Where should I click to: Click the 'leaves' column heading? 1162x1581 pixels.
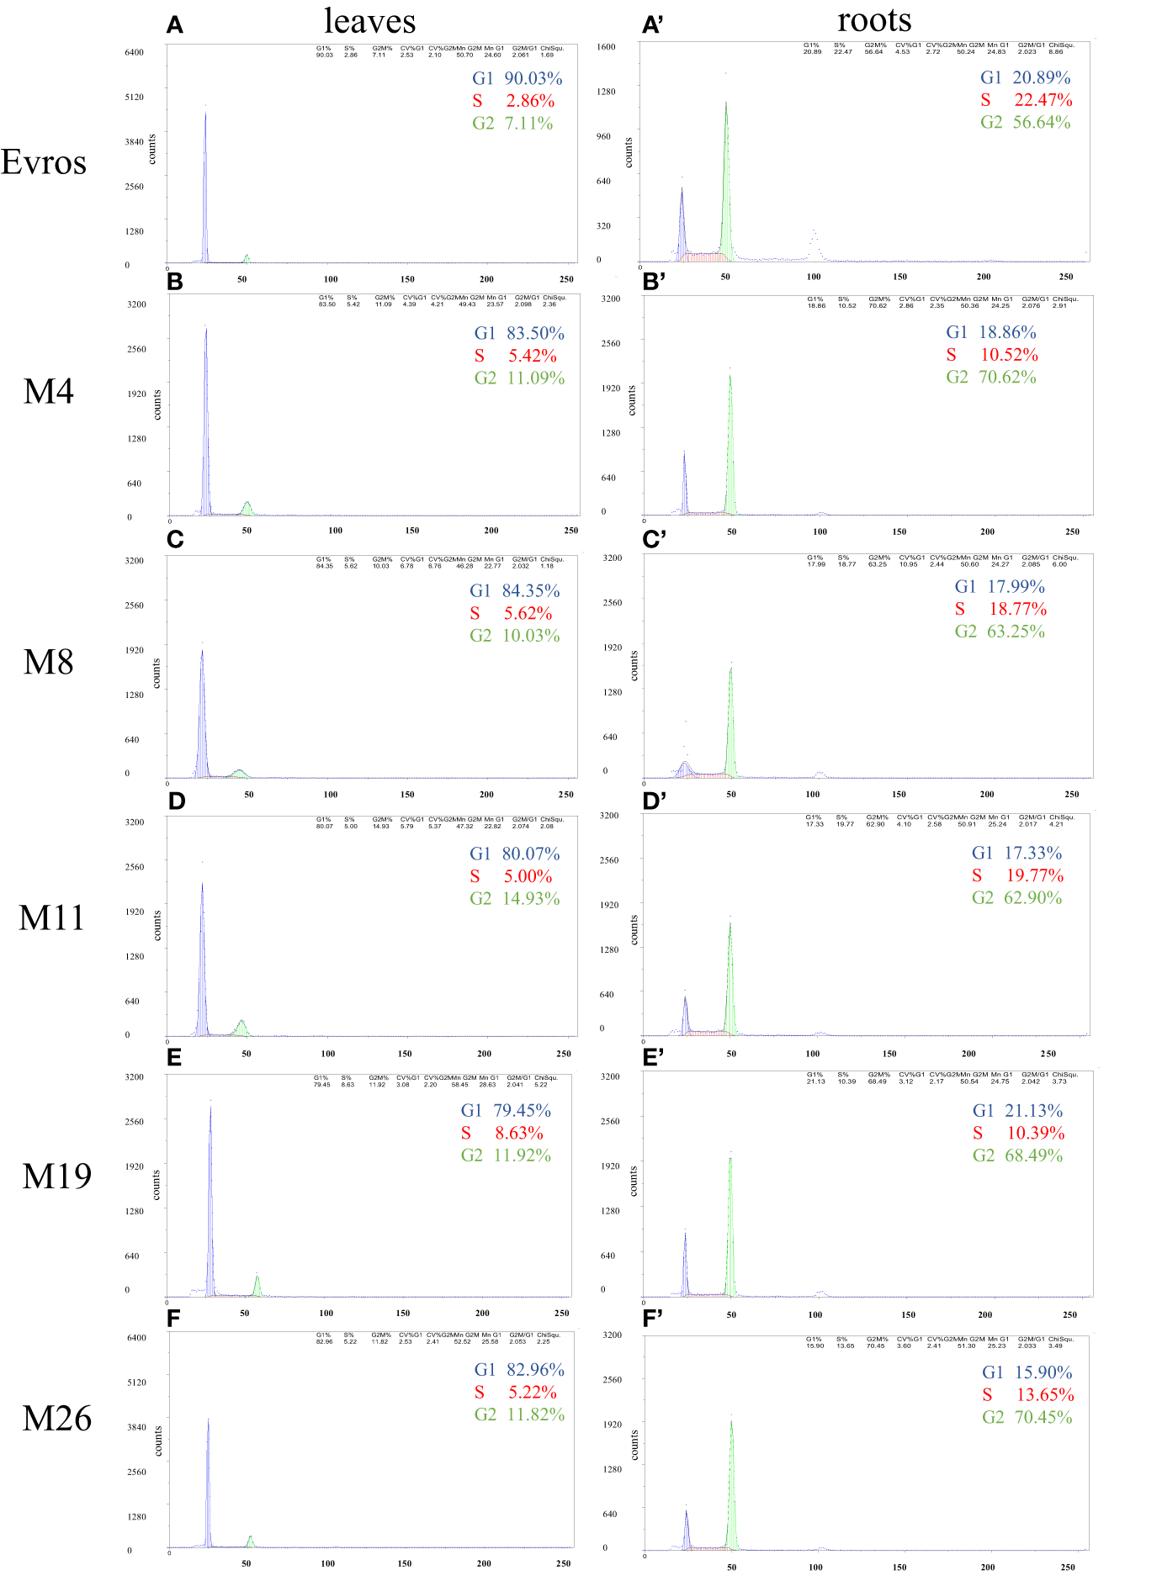pyautogui.click(x=369, y=21)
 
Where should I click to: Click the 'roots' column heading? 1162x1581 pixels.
pyautogui.click(x=874, y=19)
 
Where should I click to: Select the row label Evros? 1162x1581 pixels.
pyautogui.click(x=44, y=161)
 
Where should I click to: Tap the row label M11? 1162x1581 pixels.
pyautogui.click(x=51, y=917)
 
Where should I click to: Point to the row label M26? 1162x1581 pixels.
pyautogui.click(x=56, y=1419)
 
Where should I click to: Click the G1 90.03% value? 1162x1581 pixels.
pyautogui.click(x=517, y=78)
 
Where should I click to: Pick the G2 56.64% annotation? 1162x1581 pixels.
pyautogui.click(x=1025, y=122)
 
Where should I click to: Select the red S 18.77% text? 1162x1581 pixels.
pyautogui.click(x=1000, y=609)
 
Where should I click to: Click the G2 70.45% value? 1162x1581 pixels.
pyautogui.click(x=1027, y=1417)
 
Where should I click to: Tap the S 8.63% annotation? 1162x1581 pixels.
pyautogui.click(x=502, y=1133)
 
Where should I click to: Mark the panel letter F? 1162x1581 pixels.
pyautogui.click(x=174, y=1318)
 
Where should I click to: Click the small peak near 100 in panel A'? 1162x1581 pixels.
pyautogui.click(x=814, y=244)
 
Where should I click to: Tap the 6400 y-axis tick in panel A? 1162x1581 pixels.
pyautogui.click(x=134, y=52)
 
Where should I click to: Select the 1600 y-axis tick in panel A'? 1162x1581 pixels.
pyautogui.click(x=606, y=46)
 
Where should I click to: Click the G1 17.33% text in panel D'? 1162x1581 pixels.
pyautogui.click(x=1016, y=853)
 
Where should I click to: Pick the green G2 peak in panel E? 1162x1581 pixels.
pyautogui.click(x=257, y=1285)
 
